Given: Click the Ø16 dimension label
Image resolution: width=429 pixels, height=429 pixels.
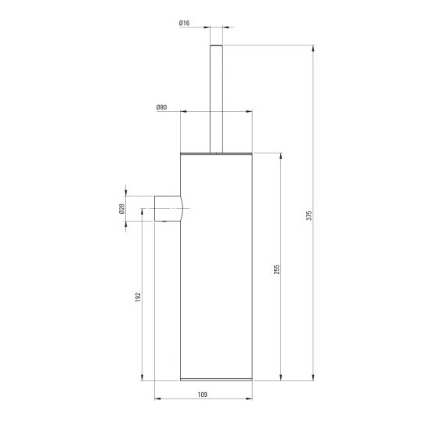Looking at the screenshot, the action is pyautogui.click(x=184, y=23).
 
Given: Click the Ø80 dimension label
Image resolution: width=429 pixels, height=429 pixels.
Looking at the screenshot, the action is pyautogui.click(x=161, y=107).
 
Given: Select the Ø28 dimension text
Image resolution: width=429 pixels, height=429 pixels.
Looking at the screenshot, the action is pyautogui.click(x=122, y=208).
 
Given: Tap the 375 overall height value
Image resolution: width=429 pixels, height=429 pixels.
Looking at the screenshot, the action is pyautogui.click(x=309, y=215).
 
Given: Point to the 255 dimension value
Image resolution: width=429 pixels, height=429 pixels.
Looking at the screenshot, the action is pyautogui.click(x=277, y=269).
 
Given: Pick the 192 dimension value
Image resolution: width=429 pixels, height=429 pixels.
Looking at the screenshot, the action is pyautogui.click(x=138, y=297).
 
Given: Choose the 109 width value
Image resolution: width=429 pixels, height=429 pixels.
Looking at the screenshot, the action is pyautogui.click(x=203, y=395).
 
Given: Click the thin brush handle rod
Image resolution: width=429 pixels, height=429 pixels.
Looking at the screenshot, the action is pyautogui.click(x=216, y=99).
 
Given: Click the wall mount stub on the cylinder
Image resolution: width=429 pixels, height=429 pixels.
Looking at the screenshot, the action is pyautogui.click(x=168, y=208).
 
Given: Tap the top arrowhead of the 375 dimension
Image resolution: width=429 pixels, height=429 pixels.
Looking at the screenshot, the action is pyautogui.click(x=313, y=49).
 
